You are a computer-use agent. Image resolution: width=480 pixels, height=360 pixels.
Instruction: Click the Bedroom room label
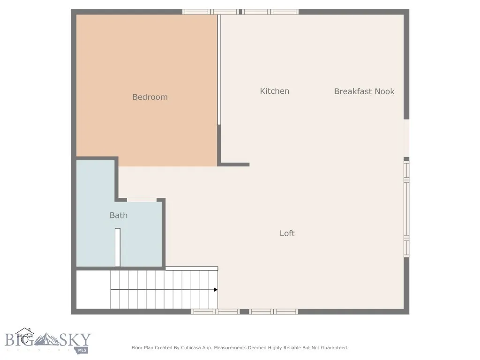click(150, 97)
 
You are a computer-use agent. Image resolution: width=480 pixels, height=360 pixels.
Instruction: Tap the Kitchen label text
click(274, 91)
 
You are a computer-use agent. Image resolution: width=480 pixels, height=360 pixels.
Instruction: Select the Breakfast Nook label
click(364, 91)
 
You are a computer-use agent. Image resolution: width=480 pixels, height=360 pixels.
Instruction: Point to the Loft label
click(287, 233)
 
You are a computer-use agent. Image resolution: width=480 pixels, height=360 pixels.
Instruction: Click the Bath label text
click(118, 216)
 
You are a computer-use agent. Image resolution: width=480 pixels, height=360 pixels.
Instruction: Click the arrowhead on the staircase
click(215, 290)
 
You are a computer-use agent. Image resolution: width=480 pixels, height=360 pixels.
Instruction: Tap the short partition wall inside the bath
click(118, 247)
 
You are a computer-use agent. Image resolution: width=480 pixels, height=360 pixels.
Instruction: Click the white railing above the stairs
click(191, 269)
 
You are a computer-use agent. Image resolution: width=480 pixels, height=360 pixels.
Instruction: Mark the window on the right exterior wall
click(406, 209)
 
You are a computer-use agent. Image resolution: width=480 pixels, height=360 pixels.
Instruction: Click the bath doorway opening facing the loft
click(142, 200)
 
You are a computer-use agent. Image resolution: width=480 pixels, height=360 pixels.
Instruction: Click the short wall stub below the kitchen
click(234, 165)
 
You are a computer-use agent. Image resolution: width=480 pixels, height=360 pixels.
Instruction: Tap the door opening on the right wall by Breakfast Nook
click(406, 138)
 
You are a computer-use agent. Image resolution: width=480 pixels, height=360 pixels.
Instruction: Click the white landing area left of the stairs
click(93, 290)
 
